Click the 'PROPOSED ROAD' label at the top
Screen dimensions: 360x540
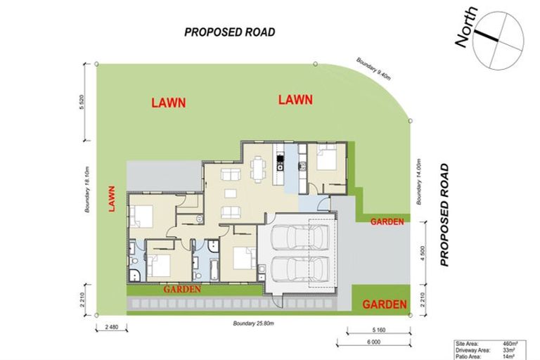[x=229, y=32]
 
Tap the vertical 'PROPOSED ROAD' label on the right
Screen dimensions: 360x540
[x=444, y=214]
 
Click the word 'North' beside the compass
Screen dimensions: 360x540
[x=466, y=28]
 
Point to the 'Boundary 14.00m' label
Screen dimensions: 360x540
[x=418, y=181]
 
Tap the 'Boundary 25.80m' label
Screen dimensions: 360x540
[x=254, y=323]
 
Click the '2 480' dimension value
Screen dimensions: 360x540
[x=111, y=327]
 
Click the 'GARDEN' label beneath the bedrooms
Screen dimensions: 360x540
[x=183, y=288]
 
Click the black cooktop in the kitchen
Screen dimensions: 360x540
[x=279, y=167]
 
